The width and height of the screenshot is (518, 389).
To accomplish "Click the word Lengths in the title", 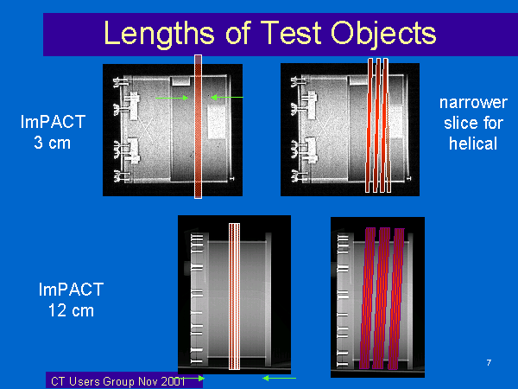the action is click(x=159, y=34).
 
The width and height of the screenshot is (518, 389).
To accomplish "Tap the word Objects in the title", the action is click(x=383, y=35).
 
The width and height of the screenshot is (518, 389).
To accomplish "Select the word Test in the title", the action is click(x=291, y=33).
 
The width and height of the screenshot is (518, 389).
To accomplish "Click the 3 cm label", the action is click(x=52, y=143).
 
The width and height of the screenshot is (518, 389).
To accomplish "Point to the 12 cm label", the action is click(x=71, y=310).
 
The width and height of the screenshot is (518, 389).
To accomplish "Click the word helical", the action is click(x=473, y=143).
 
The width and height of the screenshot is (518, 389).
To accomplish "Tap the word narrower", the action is click(x=473, y=103).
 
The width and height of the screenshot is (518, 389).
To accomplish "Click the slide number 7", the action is click(x=489, y=362).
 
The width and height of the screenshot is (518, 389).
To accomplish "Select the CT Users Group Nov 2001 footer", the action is click(x=118, y=381).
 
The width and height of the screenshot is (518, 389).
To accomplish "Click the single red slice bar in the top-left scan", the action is click(x=198, y=126).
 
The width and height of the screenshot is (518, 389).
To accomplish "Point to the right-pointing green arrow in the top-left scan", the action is click(x=172, y=98).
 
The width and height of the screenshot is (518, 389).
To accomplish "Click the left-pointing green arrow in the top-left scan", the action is click(x=226, y=97).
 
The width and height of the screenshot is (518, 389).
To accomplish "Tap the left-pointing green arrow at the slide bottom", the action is click(x=279, y=378).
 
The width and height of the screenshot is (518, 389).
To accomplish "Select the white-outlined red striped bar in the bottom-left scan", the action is click(x=234, y=297).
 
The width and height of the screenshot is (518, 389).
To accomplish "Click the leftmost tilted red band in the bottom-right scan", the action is click(x=368, y=298).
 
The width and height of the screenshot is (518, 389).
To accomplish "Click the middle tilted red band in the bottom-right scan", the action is click(x=382, y=298).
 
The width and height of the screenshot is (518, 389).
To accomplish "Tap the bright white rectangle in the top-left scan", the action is click(x=216, y=123).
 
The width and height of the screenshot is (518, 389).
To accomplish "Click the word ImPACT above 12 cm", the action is click(x=71, y=290).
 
